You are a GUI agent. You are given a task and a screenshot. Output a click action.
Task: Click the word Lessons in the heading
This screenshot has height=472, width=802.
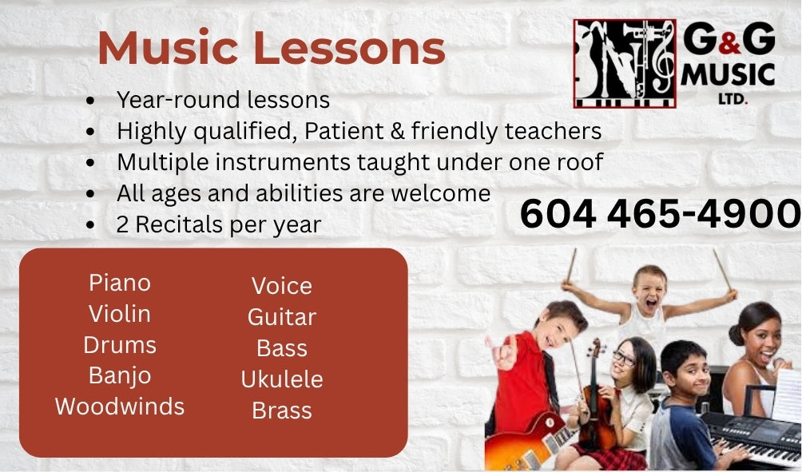point(349,48)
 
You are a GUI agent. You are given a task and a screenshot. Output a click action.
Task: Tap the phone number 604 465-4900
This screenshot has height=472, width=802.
point(661,214)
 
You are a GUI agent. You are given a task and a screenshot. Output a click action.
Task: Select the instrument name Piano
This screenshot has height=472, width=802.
point(120,283)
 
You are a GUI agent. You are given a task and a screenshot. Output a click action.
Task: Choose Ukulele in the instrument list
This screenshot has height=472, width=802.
point(282,379)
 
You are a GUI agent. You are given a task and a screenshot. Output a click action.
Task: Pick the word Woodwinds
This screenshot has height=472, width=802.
point(120,407)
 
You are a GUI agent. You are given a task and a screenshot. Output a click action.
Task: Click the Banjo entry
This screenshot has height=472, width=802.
point(120,376)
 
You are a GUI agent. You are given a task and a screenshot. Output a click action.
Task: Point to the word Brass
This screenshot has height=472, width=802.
point(282,411)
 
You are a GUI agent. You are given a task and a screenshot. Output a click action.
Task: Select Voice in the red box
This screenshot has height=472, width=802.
point(282,286)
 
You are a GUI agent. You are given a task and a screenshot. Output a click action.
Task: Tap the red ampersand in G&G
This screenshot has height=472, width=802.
point(729,45)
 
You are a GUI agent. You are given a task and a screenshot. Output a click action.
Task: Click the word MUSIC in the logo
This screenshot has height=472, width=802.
point(728,75)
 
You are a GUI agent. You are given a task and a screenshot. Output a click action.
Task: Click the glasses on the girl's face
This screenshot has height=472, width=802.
point(624,358)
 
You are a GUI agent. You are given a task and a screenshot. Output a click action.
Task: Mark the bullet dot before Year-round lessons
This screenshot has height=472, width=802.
point(90,100)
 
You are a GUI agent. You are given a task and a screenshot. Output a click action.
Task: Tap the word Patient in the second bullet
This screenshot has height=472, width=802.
point(343,131)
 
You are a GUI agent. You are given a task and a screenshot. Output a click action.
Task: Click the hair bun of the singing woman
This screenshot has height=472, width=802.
point(736,334)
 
